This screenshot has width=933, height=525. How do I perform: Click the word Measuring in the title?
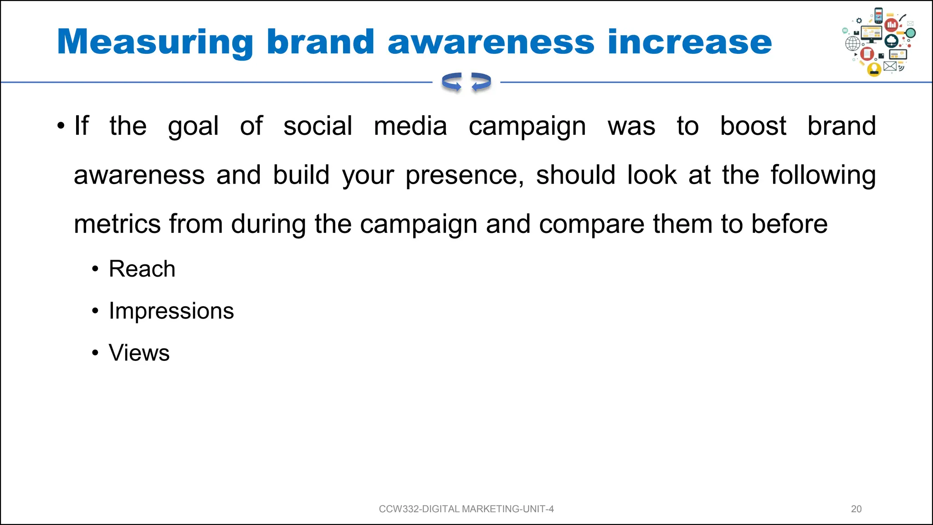click(x=155, y=42)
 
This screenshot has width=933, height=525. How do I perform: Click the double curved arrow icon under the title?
click(x=466, y=82)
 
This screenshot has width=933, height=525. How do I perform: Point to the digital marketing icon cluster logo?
click(x=878, y=42)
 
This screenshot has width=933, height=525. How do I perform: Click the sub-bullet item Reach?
click(x=142, y=268)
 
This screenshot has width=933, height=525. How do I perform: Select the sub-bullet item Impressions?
click(x=171, y=311)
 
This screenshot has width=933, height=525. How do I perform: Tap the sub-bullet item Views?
click(x=139, y=353)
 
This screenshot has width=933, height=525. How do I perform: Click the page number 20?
click(x=856, y=509)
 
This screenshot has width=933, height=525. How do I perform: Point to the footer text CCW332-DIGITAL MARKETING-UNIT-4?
click(x=466, y=509)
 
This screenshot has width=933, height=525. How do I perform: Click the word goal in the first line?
click(x=193, y=127)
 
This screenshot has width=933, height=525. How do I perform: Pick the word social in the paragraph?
click(x=318, y=126)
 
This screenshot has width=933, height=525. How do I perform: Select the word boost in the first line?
click(x=753, y=126)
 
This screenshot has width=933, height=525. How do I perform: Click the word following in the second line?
click(x=823, y=175)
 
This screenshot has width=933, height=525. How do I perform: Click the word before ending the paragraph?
click(x=789, y=224)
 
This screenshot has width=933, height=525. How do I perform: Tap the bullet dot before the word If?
click(x=61, y=126)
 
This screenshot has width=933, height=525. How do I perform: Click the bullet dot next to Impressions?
click(x=95, y=311)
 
